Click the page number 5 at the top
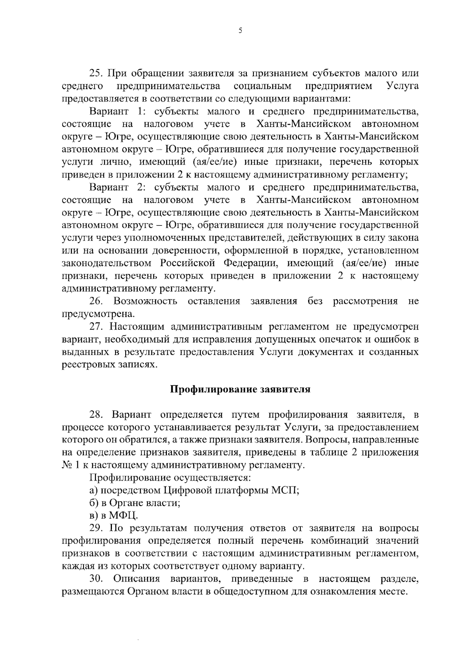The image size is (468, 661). (240, 31)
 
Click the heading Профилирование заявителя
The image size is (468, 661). (240, 390)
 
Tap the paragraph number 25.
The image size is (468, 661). (96, 73)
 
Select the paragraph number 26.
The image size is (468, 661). (96, 301)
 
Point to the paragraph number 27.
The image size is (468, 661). (96, 326)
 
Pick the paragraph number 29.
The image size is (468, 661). (96, 528)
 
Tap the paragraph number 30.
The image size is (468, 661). (96, 579)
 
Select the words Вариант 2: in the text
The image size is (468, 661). (117, 187)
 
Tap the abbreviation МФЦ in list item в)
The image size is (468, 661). (124, 516)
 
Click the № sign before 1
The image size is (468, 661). (66, 465)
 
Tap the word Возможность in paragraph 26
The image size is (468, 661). (145, 301)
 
